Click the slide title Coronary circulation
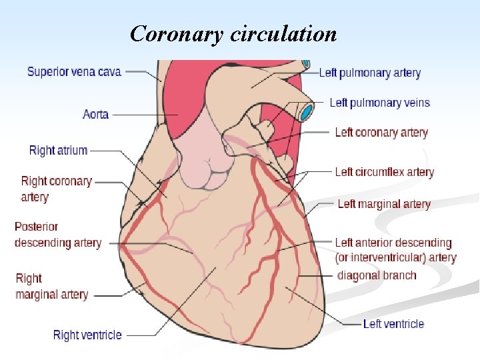[x=233, y=33]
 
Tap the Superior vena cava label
[x=74, y=71]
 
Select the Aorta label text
[x=95, y=114]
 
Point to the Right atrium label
[x=58, y=150]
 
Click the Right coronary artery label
[x=56, y=189]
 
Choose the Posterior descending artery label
[x=58, y=235]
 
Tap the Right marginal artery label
[x=51, y=286]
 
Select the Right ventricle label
[x=87, y=335]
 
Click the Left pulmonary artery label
[x=370, y=73]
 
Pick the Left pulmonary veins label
[x=380, y=102]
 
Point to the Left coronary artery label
[x=381, y=132]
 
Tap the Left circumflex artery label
[x=384, y=172]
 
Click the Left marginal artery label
[x=384, y=204]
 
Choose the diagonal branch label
[x=377, y=275]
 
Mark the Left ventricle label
[x=393, y=324]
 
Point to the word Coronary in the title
[x=177, y=33]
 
